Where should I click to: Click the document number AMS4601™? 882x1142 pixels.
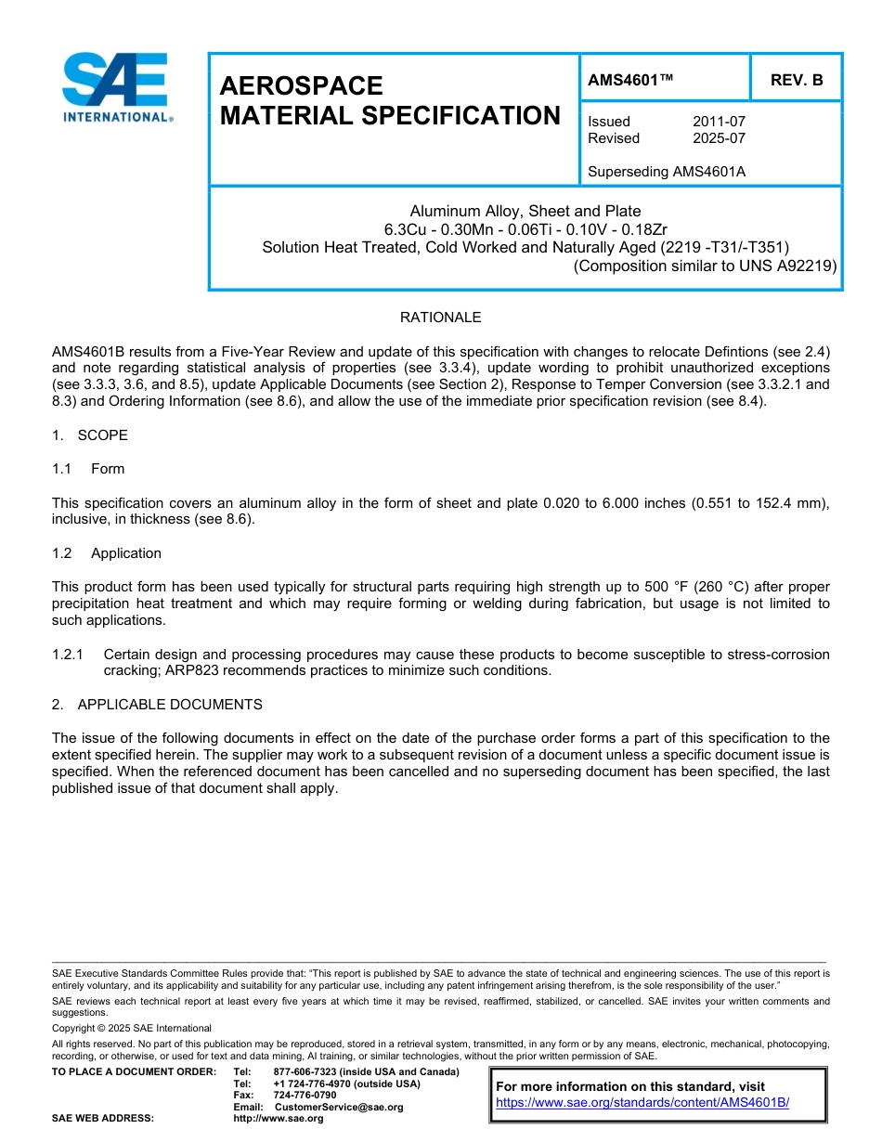[x=630, y=81]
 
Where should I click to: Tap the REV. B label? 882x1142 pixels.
[x=797, y=81]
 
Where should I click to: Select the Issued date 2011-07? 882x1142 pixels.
[x=719, y=122]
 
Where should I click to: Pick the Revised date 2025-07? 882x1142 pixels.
[x=719, y=138]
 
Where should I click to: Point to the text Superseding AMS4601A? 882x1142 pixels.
[x=667, y=172]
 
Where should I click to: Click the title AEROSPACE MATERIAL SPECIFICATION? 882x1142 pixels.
[x=390, y=100]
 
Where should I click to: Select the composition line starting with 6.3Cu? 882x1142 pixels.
[x=525, y=229]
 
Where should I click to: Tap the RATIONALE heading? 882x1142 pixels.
[x=440, y=318]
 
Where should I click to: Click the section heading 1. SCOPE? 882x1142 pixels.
[x=90, y=435]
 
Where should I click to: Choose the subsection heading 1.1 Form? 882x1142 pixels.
[x=88, y=469]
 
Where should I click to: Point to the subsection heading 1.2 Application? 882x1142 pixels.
[x=107, y=553]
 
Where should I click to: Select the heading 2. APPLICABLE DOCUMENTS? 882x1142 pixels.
[x=157, y=705]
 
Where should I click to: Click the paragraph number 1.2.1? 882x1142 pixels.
[x=68, y=655]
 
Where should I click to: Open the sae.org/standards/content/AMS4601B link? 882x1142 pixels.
[x=642, y=1102]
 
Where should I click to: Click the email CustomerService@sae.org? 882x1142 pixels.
[x=339, y=1107]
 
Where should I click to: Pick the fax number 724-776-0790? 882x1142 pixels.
[x=305, y=1095]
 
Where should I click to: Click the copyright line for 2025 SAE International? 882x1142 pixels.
[x=132, y=1028]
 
